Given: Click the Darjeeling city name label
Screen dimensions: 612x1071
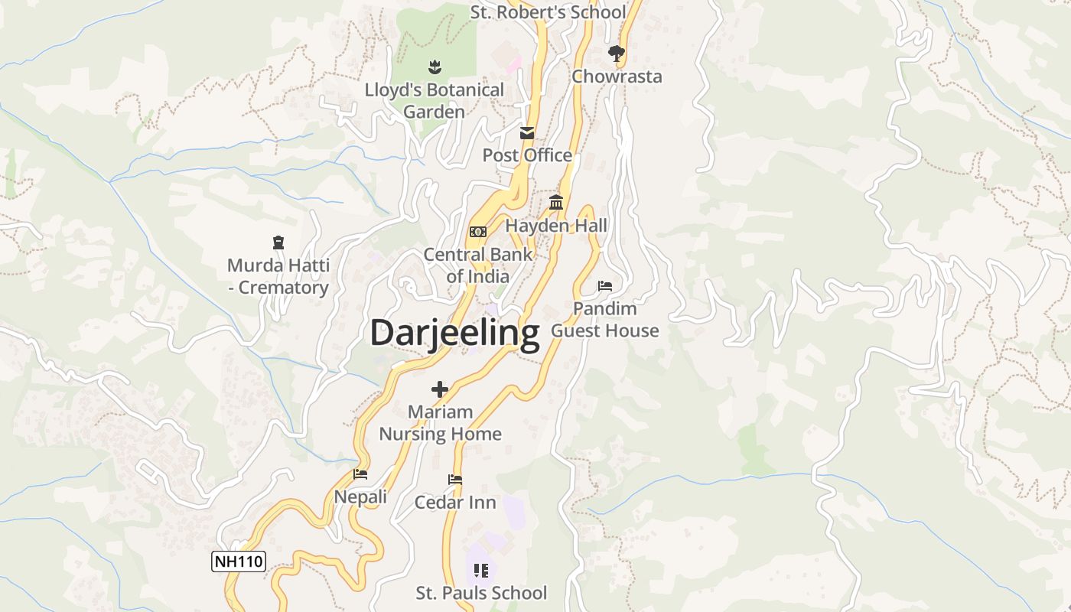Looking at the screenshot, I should coord(454,334).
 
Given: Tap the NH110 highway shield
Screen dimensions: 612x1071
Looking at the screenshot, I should coord(239,562).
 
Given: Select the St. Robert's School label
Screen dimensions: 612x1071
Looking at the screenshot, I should coord(548,12).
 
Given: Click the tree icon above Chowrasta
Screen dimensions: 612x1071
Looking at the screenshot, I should coord(616,53).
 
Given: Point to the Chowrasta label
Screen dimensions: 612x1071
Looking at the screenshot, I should coord(617,76).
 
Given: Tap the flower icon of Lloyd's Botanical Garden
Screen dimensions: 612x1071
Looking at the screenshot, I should coord(435,67).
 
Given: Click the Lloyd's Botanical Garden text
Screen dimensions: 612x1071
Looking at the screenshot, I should coord(434,101).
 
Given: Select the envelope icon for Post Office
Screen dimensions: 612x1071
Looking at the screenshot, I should coord(527,133).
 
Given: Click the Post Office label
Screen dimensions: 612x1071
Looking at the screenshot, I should coord(527,155).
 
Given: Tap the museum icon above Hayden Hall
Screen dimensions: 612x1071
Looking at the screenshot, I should coord(556,203).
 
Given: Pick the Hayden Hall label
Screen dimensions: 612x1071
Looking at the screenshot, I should coord(556,226).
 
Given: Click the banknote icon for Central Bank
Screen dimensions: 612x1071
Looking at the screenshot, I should coord(477,232).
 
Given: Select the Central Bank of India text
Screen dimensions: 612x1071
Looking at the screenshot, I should coord(477,265).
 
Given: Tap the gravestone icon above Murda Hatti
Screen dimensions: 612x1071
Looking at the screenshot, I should coord(278,243).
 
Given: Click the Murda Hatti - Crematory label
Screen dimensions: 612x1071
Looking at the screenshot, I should coord(278,277).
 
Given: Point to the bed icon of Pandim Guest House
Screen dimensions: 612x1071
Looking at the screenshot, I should coord(605,286).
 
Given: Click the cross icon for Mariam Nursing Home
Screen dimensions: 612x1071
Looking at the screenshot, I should coord(440,389).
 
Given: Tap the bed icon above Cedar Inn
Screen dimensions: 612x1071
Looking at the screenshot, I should coord(455,480).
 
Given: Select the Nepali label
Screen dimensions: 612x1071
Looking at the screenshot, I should coord(360,497).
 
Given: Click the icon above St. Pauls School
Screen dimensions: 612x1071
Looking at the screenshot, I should coord(481,570).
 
